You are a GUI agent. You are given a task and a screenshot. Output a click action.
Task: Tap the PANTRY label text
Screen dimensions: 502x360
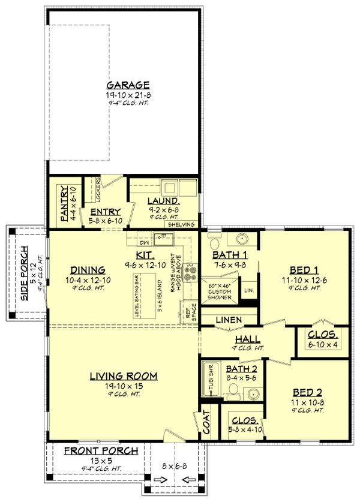(x=65, y=205)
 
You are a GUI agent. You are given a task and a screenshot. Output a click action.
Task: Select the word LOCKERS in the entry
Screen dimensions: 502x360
(x=97, y=190)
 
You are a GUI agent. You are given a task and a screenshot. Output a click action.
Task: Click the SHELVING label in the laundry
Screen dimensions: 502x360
(x=182, y=224)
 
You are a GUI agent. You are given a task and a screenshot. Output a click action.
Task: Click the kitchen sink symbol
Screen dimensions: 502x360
(x=162, y=239)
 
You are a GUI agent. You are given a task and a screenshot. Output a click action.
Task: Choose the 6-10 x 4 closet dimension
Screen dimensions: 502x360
(x=323, y=344)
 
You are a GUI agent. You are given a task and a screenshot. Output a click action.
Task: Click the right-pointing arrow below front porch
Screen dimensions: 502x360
(x=159, y=479)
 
